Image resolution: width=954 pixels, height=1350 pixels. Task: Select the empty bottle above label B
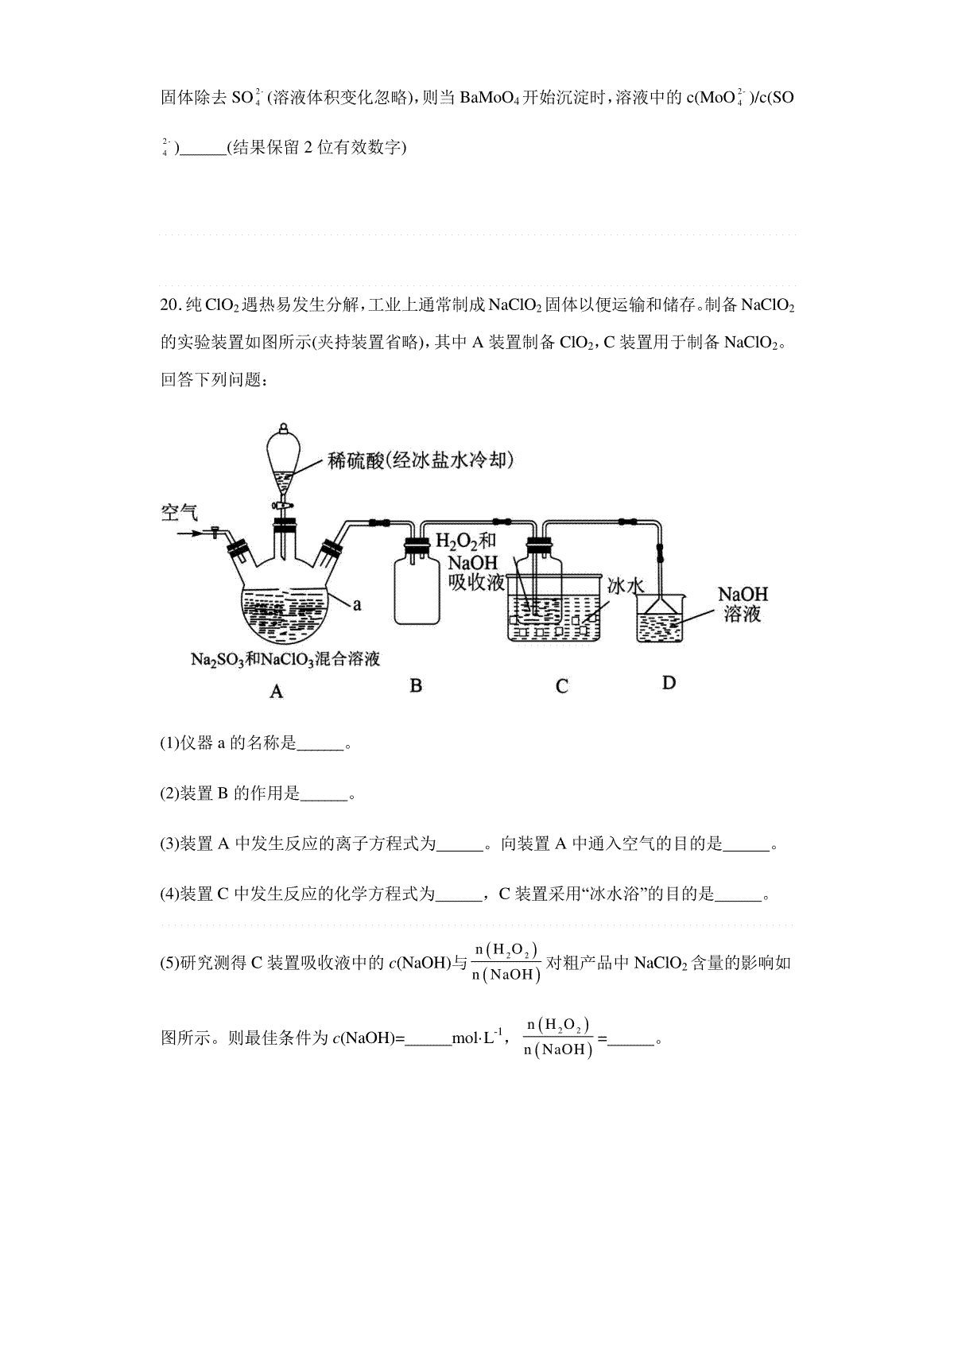click(x=417, y=587)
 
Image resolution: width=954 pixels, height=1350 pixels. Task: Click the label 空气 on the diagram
click(x=179, y=513)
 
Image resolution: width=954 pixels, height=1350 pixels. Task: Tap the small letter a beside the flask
click(x=357, y=604)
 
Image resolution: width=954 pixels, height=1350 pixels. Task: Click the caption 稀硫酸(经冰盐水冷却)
click(x=421, y=460)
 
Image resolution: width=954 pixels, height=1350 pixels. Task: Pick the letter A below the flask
click(x=276, y=691)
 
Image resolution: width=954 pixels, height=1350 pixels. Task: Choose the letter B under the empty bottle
click(x=416, y=685)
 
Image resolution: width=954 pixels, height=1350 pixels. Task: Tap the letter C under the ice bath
click(x=562, y=686)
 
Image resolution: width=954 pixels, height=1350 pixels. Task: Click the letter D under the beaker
click(x=669, y=683)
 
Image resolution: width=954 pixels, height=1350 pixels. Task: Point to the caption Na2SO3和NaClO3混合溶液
click(x=285, y=659)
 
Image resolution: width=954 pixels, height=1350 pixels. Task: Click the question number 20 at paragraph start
click(x=170, y=305)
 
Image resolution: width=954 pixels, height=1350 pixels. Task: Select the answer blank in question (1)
click(x=320, y=748)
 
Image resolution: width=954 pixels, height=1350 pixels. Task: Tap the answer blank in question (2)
click(x=324, y=798)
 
